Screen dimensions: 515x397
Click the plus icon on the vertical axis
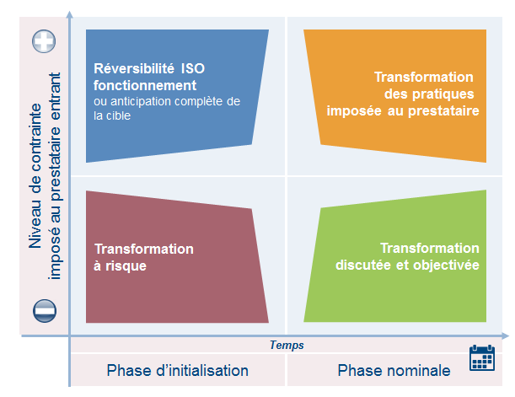click(44, 41)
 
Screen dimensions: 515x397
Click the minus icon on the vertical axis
click(45, 311)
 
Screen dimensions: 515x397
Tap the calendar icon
click(482, 357)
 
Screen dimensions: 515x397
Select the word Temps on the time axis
click(287, 345)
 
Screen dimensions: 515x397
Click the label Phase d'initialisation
click(177, 370)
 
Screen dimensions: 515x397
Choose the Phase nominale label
click(394, 370)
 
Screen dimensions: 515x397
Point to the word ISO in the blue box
click(193, 68)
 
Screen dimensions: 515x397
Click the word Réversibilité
click(134, 68)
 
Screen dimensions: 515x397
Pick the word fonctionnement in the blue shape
click(145, 85)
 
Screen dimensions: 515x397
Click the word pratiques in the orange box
click(443, 94)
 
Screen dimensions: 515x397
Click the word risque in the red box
click(126, 266)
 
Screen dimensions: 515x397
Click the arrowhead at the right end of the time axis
click(506, 335)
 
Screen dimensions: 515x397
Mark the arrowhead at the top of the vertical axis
click(69, 14)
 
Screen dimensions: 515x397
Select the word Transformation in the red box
click(144, 249)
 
